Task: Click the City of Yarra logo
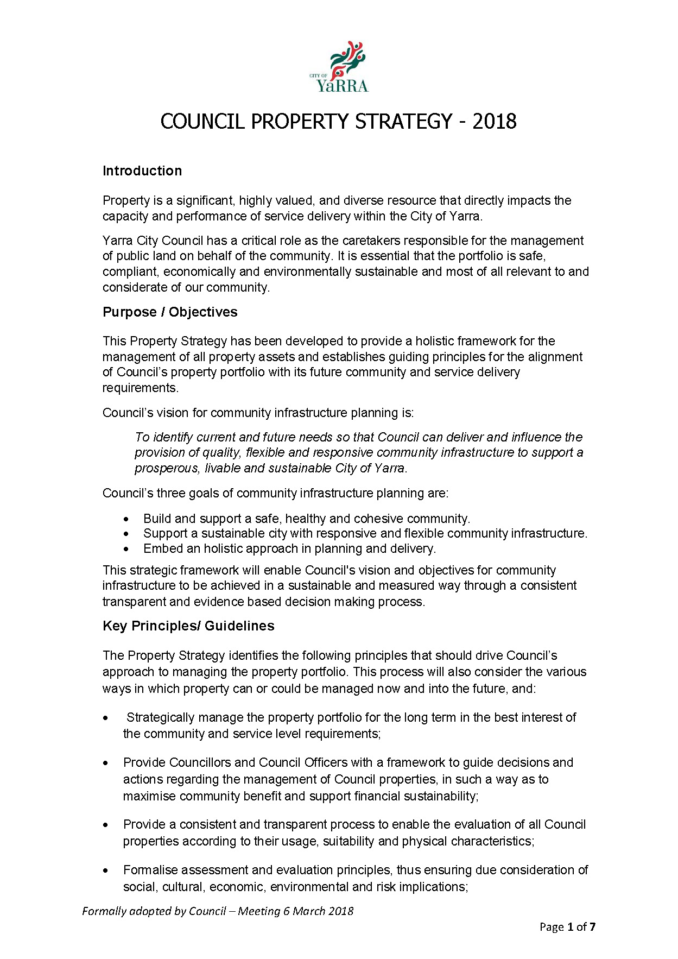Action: pos(340,67)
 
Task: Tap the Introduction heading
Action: pos(142,171)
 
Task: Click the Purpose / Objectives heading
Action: pos(170,312)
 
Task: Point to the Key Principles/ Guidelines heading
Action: pos(188,626)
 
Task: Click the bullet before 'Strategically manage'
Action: pos(106,718)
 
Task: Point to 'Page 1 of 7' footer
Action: pos(567,927)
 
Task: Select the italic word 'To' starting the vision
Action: pos(142,437)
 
